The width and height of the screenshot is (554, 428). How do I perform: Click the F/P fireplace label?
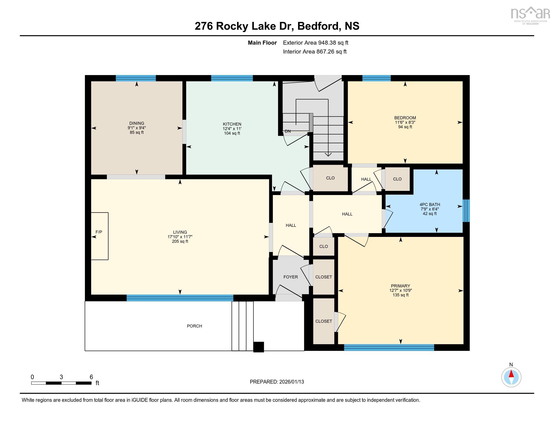tap(99, 232)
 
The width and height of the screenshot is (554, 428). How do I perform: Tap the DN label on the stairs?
tap(287, 131)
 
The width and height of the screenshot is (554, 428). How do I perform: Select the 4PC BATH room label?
tap(429, 204)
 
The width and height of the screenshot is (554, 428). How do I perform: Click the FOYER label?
tap(290, 277)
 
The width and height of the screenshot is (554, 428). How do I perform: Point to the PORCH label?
tap(194, 326)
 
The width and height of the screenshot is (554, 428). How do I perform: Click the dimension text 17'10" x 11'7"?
tap(180, 237)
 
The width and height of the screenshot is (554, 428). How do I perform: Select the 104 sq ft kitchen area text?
tap(232, 133)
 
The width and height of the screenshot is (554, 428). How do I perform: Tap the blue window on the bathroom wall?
tap(466, 210)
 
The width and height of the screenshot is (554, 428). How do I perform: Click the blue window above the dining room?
tap(136, 78)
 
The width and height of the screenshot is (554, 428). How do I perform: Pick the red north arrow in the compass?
tap(511, 374)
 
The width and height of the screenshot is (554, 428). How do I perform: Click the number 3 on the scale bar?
tap(61, 377)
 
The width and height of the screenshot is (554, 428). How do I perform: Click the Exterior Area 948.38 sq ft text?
tap(315, 43)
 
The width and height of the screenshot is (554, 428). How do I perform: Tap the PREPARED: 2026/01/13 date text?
tap(277, 382)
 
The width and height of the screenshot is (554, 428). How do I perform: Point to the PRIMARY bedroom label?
tap(400, 286)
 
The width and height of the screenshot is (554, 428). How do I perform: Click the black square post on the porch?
tap(258, 347)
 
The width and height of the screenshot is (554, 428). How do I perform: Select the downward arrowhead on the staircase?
tap(328, 154)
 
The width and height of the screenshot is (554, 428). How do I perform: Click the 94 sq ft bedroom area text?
tap(405, 127)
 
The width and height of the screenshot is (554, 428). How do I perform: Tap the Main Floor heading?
tap(262, 43)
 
